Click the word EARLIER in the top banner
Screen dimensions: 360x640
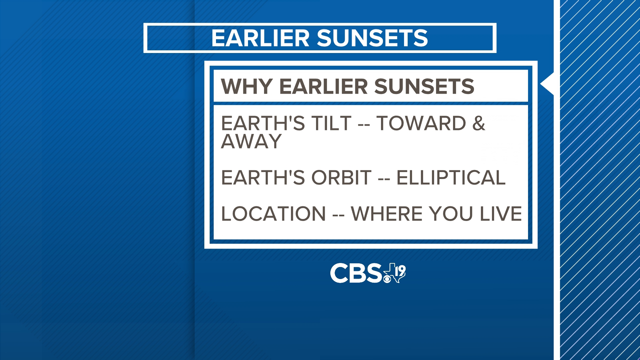coord(260,38)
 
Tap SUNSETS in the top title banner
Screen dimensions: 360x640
coord(372,38)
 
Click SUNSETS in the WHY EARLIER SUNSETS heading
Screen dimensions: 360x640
coord(424,87)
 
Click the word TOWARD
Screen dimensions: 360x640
coord(421,123)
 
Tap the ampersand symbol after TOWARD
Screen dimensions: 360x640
coord(479,123)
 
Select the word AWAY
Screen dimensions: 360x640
coord(251,141)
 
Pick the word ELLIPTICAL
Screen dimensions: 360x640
coord(451,177)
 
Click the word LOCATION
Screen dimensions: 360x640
coord(273,214)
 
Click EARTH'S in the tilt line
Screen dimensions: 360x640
coord(263,123)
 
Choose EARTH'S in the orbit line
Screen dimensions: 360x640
coord(263,177)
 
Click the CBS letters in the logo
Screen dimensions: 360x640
coord(356,273)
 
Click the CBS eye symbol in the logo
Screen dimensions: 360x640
coord(387,278)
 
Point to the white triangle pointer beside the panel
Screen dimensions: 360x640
coord(548,84)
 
